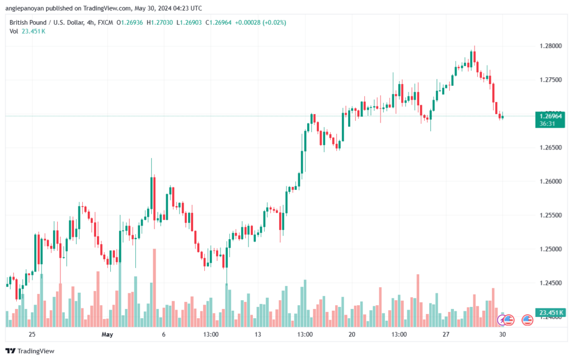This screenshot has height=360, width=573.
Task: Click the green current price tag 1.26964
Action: pos(551,116)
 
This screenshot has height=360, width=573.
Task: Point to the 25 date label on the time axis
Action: pos(32,334)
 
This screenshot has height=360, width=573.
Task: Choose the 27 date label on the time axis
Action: pos(445,334)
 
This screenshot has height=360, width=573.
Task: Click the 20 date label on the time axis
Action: pos(351,334)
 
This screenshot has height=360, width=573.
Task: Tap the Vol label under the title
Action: pos(14,31)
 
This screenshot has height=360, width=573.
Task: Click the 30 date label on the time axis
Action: pos(503,334)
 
